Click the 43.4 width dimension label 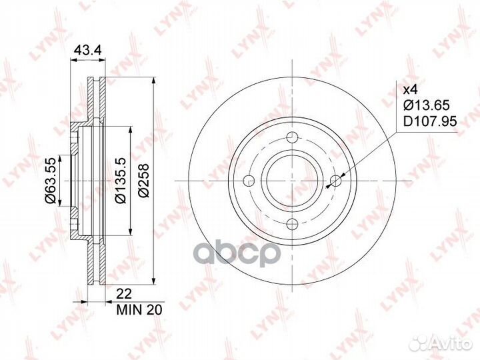tap(88, 50)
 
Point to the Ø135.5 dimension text tap(120, 181)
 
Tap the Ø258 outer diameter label tap(143, 181)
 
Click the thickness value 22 tap(124, 294)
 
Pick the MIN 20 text tap(139, 310)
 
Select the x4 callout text tap(410, 90)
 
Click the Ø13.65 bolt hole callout tap(427, 105)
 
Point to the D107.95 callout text tap(430, 121)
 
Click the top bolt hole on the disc tap(293, 137)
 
